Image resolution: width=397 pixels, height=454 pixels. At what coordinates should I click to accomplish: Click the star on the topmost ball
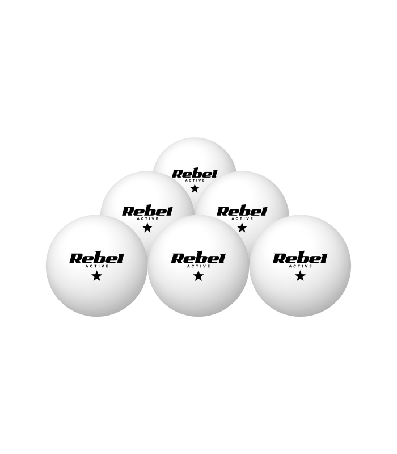pyautogui.click(x=195, y=188)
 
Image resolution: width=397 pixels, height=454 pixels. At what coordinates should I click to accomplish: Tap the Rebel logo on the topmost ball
pyautogui.click(x=195, y=174)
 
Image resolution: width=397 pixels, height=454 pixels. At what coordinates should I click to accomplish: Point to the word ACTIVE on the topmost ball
pyautogui.click(x=195, y=180)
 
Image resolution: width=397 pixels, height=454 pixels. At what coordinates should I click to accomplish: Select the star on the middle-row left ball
pyautogui.click(x=147, y=228)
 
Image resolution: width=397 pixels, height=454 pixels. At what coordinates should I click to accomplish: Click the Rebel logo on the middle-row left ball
pyautogui.click(x=147, y=211)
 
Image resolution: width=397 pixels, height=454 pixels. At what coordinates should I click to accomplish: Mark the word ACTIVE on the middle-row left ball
pyautogui.click(x=148, y=218)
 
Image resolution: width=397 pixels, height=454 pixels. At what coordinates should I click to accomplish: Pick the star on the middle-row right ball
pyautogui.click(x=242, y=228)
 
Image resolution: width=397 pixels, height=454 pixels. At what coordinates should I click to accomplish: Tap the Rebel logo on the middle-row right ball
pyautogui.click(x=242, y=211)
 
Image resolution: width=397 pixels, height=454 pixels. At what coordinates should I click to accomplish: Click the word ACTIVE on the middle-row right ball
pyautogui.click(x=243, y=218)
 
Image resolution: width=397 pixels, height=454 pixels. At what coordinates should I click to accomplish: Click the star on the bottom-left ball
pyautogui.click(x=96, y=276)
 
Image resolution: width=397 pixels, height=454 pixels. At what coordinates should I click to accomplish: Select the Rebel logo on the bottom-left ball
pyautogui.click(x=96, y=257)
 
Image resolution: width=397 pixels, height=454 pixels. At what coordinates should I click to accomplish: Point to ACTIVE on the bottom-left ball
pyautogui.click(x=97, y=266)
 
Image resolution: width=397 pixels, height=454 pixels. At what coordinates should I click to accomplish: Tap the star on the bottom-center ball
pyautogui.click(x=198, y=276)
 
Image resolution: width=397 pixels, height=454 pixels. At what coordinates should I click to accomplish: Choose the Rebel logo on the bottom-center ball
pyautogui.click(x=198, y=257)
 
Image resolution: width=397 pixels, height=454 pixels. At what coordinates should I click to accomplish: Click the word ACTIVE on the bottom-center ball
pyautogui.click(x=199, y=266)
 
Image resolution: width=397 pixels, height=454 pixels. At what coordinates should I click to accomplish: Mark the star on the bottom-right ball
pyautogui.click(x=300, y=276)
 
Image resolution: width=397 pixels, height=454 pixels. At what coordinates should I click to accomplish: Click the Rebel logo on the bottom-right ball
pyautogui.click(x=300, y=257)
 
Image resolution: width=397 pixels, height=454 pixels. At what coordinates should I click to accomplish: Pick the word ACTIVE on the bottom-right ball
pyautogui.click(x=301, y=266)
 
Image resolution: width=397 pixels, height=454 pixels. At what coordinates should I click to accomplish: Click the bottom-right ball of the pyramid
pyautogui.click(x=300, y=266)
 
